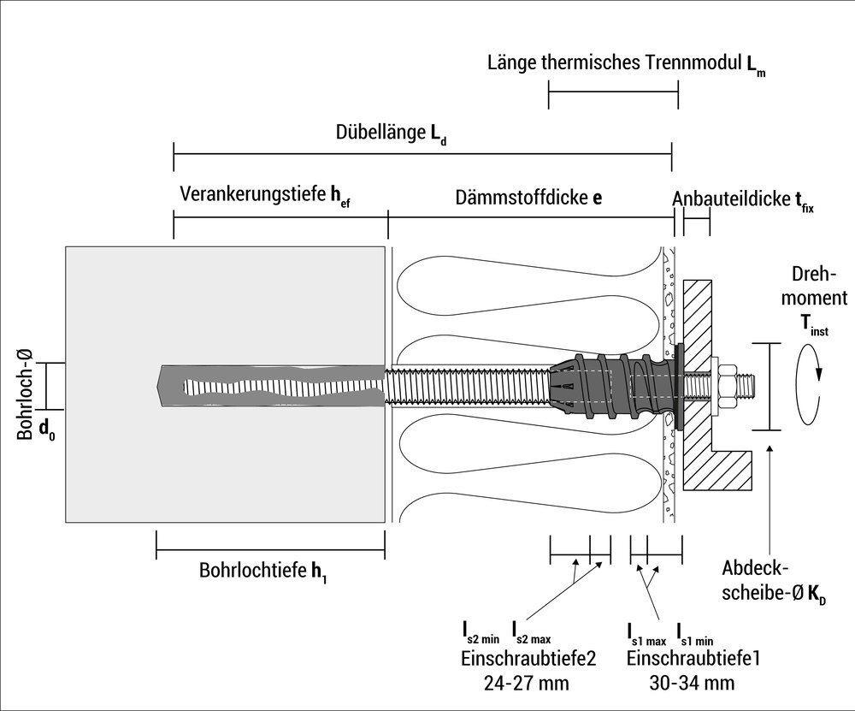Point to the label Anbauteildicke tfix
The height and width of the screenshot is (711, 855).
[x=742, y=199]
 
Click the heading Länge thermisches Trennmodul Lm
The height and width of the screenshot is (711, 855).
[x=626, y=65]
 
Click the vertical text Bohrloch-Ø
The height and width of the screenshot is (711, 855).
[x=27, y=392]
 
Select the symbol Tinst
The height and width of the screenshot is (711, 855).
[x=813, y=323]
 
